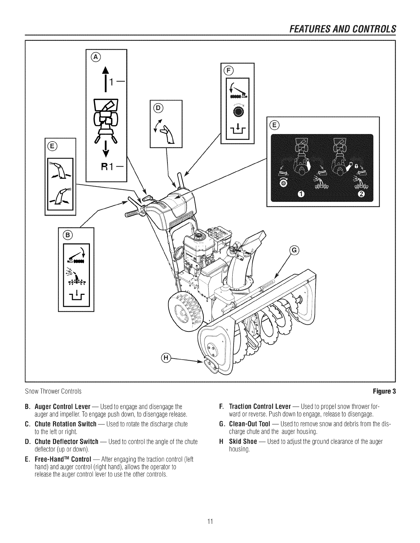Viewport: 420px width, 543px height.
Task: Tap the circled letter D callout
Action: [158, 108]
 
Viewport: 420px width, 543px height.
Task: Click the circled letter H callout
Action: [166, 358]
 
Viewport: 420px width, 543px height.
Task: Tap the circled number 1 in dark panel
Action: [300, 195]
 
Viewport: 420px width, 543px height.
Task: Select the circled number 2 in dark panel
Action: [363, 195]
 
